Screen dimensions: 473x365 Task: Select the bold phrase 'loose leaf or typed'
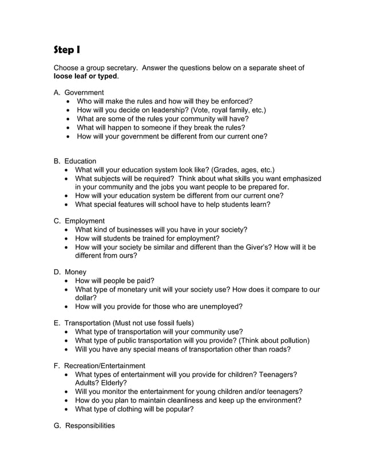coord(85,76)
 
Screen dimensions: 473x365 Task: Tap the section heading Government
coord(84,92)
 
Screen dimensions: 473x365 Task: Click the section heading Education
coord(80,161)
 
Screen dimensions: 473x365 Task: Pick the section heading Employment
coord(84,220)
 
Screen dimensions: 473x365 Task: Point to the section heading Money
coord(75,271)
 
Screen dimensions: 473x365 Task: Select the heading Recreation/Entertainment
coord(104,365)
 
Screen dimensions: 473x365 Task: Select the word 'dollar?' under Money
coord(86,298)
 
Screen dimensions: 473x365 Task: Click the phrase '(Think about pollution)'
coord(273,340)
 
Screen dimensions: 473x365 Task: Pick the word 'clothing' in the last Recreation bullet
coord(138,409)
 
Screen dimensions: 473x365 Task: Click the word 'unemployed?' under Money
coord(221,306)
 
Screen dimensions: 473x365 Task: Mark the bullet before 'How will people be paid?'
coord(69,281)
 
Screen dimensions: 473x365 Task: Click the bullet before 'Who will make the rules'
coord(69,101)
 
